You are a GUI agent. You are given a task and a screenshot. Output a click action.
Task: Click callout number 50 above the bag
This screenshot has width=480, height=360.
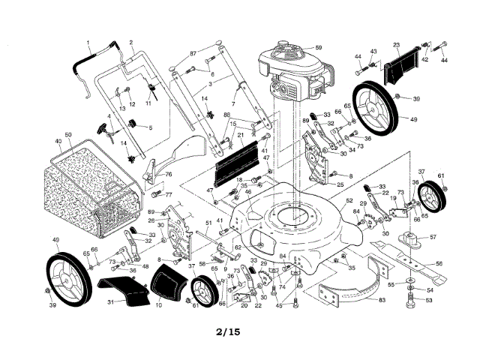coord(67,134)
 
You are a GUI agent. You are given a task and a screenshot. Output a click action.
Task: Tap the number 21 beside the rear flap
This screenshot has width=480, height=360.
coord(241,136)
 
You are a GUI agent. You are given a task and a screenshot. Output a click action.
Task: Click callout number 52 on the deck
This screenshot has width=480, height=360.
coord(349,200)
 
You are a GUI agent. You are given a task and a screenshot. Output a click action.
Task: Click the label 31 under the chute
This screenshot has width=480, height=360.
coord(111,301)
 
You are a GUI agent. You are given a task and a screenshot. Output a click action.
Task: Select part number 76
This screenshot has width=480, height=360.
coord(169,174)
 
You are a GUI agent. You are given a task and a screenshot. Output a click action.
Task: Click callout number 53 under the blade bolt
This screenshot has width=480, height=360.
coord(430,300)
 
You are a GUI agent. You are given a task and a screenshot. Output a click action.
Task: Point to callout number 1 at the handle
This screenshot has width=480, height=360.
coord(88,43)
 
